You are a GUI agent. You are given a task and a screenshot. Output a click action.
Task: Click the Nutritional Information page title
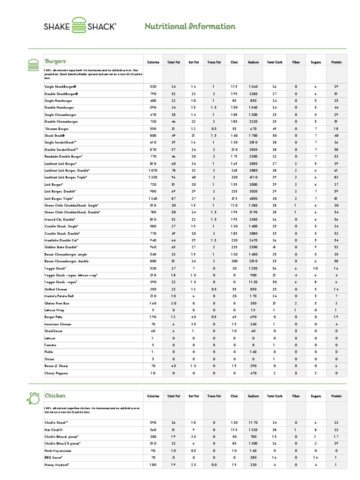pos(190,26)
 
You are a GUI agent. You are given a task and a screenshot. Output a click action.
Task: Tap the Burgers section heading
pos(55,61)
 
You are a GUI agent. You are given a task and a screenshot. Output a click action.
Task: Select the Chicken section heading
pos(55,396)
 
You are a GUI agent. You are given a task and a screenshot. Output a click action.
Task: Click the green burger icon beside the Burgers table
pos(34,65)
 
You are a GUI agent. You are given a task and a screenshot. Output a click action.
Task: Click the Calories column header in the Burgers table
pos(153,62)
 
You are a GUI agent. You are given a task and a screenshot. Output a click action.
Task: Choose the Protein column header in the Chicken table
pos(336,396)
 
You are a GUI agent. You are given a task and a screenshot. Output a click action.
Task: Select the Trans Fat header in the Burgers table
pos(214,62)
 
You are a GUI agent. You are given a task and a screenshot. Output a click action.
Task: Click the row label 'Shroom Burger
pos(57,128)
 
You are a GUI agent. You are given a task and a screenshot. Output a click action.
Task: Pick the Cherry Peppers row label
pos(57,373)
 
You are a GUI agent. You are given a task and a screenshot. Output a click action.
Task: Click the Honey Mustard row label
pos(57,465)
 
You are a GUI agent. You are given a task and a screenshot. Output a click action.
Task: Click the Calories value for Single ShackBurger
pos(153,87)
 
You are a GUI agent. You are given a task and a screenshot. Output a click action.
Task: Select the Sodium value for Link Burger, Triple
pos(253,198)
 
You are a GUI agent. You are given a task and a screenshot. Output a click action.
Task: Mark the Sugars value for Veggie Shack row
pos(315,268)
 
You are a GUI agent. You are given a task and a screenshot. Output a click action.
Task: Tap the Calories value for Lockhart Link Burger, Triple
pos(153,178)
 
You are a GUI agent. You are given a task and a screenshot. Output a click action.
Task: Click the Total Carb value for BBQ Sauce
pos(274,457)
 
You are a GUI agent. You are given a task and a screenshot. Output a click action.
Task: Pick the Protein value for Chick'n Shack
pos(336,422)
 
